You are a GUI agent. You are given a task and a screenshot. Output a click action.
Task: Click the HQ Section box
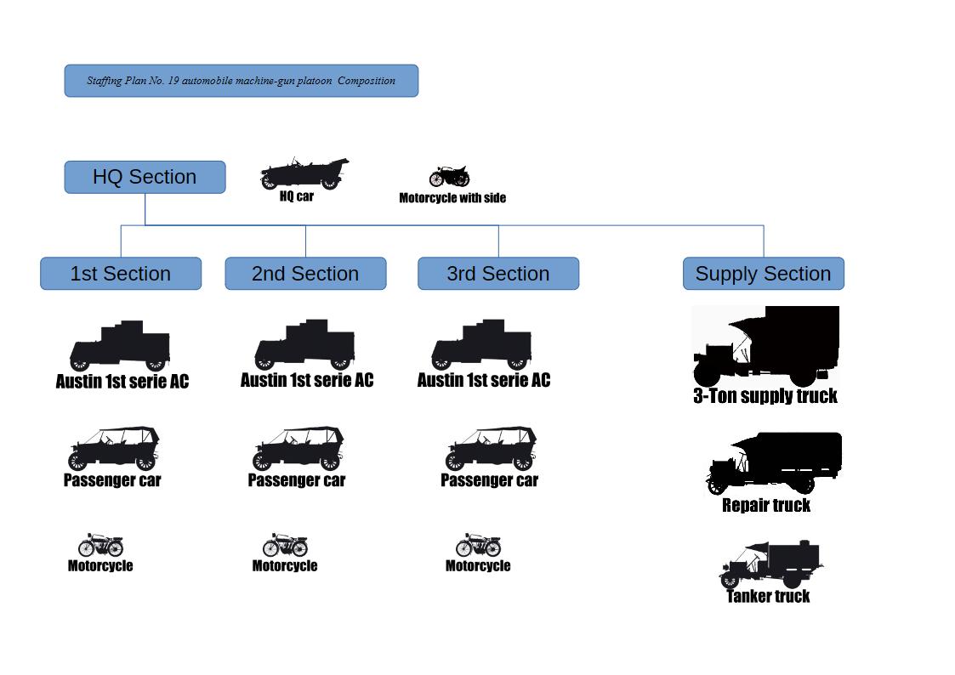pos(145,177)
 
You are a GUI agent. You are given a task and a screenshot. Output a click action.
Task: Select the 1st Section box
pos(121,274)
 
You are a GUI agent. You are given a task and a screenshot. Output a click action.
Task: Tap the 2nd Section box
pos(305,274)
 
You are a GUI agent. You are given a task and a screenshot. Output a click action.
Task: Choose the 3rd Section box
pos(498,274)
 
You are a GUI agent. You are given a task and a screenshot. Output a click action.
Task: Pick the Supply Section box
pos(763,274)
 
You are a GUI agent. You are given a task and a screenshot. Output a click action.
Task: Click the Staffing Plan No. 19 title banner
pos(241,81)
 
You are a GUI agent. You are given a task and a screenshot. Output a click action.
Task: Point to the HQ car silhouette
pos(304,173)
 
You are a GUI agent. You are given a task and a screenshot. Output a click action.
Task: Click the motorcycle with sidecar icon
pos(449,177)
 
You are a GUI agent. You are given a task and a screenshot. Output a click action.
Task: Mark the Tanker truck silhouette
pos(770,564)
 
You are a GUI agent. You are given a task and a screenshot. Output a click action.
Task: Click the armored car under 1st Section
pos(120,346)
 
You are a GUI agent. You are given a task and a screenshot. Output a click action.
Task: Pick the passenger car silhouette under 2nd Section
pos(298,449)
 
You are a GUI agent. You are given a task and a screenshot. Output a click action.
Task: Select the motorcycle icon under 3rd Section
pos(478,545)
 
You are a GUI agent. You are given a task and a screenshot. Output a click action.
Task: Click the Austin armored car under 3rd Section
pos(481,346)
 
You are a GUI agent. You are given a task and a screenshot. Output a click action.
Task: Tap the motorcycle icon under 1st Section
pos(100,545)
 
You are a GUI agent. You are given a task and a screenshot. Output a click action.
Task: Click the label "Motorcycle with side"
pos(452,198)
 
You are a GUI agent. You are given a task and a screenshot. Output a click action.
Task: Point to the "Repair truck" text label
pos(766,505)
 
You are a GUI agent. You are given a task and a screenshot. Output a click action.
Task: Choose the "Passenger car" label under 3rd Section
pos(489,480)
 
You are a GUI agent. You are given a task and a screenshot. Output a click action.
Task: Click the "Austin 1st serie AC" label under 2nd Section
pos(306,380)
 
